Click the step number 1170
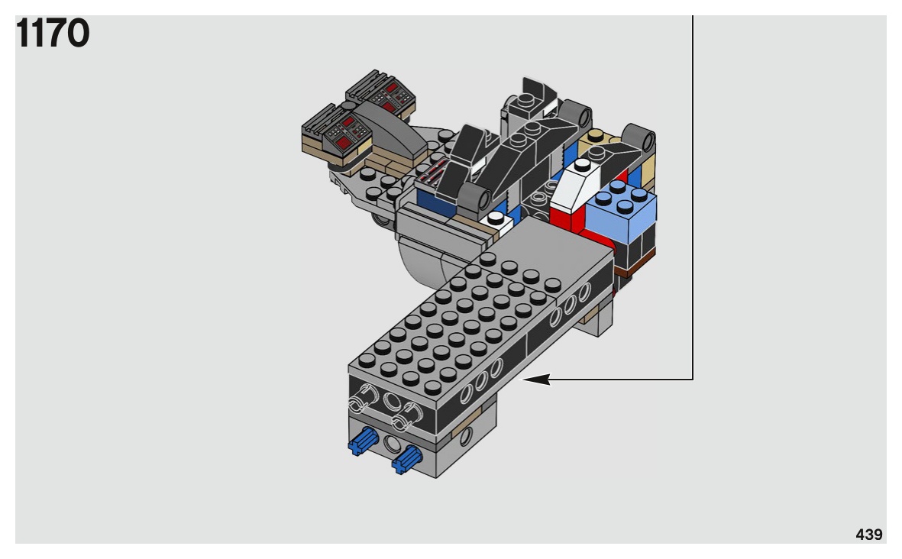tap(53, 33)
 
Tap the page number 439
tap(868, 535)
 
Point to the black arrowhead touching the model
tap(535, 379)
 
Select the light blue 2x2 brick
tap(621, 211)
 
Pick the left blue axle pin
tap(363, 441)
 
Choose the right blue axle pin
tap(406, 460)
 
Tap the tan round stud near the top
tap(596, 136)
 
